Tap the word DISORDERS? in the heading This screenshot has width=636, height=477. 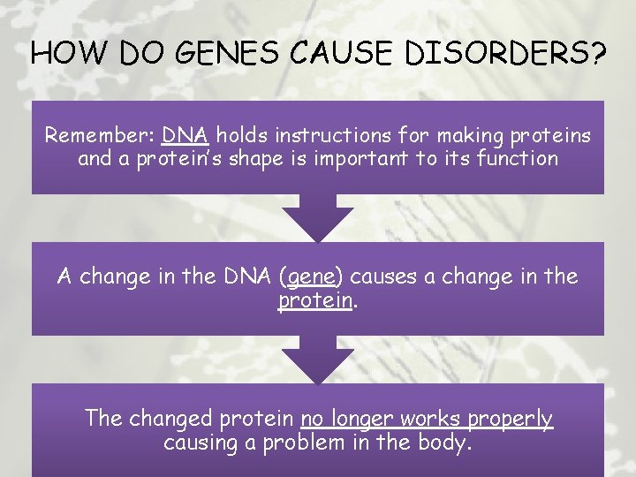tap(506, 56)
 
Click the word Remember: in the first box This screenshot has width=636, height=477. tap(100, 136)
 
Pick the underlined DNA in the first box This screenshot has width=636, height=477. tap(185, 136)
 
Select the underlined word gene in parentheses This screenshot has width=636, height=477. tap(310, 277)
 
